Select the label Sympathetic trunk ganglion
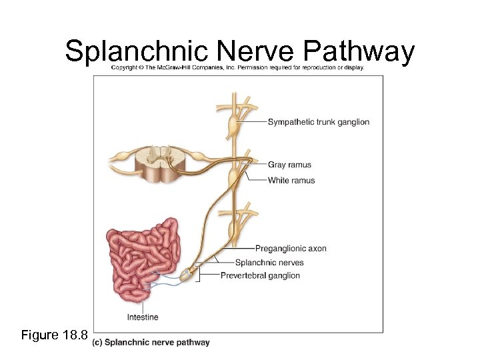(318, 122)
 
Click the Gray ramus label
(289, 165)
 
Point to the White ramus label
(291, 180)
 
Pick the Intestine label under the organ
(143, 317)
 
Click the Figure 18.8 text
(53, 335)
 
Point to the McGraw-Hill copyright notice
(237, 68)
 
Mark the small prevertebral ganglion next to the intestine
(188, 273)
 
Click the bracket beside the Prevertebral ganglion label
(198, 275)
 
